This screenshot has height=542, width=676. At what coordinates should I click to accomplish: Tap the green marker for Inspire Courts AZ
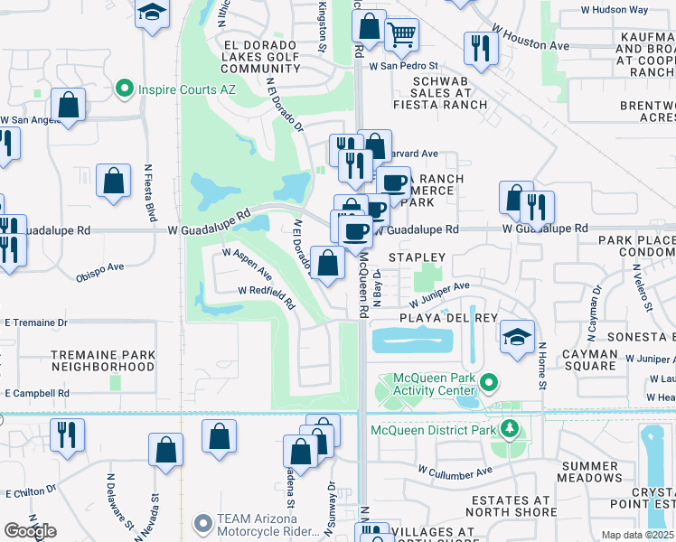point(125,89)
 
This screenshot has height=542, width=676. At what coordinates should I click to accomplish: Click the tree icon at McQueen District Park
point(511,429)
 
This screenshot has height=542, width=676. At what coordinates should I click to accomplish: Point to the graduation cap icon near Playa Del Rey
point(517,337)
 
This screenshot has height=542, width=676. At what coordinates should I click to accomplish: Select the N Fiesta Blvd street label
point(150,192)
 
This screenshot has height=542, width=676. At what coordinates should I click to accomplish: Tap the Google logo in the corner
point(30,531)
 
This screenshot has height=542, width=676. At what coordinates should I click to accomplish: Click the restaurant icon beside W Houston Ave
point(480,48)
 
